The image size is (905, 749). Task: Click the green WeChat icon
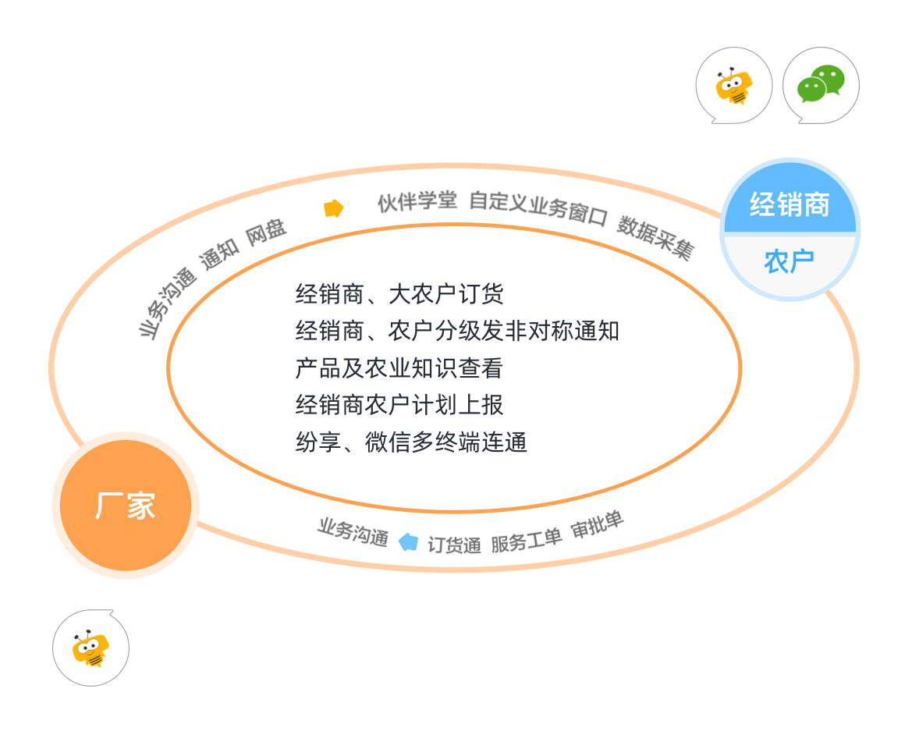click(x=821, y=84)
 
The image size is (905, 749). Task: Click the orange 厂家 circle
click(x=126, y=506)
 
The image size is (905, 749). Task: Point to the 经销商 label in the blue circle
click(x=790, y=204)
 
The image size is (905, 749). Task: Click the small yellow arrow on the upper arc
click(x=334, y=208)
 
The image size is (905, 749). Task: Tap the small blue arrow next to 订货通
click(x=408, y=541)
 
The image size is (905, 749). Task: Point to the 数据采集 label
click(x=655, y=237)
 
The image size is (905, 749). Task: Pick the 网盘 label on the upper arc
click(x=266, y=233)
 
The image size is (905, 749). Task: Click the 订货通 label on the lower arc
click(x=454, y=545)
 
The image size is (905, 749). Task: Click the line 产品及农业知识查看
click(x=399, y=368)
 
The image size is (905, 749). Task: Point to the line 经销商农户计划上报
click(x=399, y=405)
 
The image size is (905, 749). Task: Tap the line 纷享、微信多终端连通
click(x=411, y=442)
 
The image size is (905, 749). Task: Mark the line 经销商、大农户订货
click(x=399, y=294)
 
